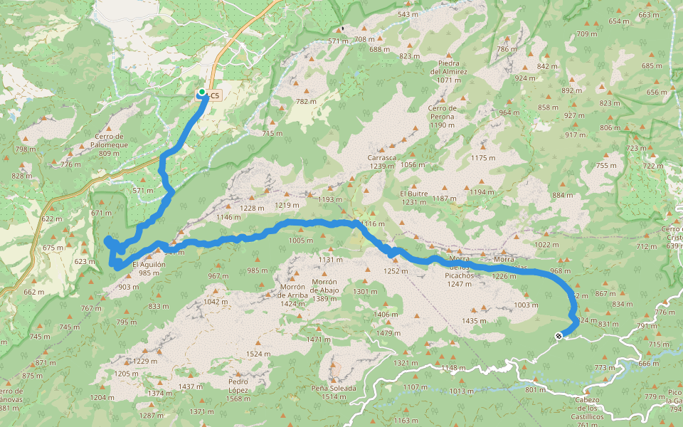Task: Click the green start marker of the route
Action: point(202,93)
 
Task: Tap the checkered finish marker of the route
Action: point(558,335)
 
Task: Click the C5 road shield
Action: point(215,95)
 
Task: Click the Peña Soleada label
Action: point(333,391)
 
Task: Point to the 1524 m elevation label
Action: point(258,354)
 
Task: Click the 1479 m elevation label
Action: point(383,333)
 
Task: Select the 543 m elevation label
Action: point(408,14)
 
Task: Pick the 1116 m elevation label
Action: point(373,224)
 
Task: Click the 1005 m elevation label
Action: point(301,241)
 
